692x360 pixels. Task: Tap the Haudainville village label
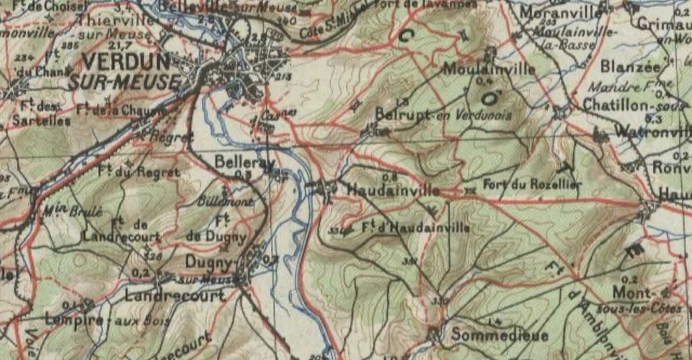click(x=393, y=191)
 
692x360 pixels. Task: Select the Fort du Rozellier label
click(x=532, y=184)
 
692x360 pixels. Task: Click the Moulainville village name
click(x=489, y=69)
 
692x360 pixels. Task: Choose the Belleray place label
click(x=244, y=162)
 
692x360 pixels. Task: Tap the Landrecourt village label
click(x=175, y=296)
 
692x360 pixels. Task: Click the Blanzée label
click(x=630, y=67)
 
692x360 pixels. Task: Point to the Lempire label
click(x=74, y=320)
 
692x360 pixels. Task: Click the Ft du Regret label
click(x=139, y=172)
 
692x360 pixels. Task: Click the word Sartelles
click(x=41, y=121)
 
